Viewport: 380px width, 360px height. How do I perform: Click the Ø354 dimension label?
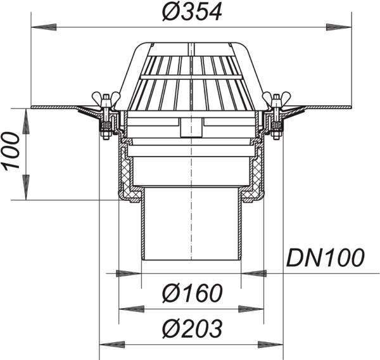point(192,12)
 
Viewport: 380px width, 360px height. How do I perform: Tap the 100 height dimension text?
point(11,150)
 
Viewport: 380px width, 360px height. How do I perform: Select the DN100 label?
point(326,257)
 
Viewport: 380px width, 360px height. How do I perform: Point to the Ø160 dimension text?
point(192,293)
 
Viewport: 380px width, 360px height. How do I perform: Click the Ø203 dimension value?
point(192,329)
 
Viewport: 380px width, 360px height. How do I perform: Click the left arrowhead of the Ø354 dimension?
point(44,27)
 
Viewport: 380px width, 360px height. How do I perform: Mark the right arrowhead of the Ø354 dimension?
point(339,27)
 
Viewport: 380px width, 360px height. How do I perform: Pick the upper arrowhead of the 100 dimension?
point(26,121)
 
